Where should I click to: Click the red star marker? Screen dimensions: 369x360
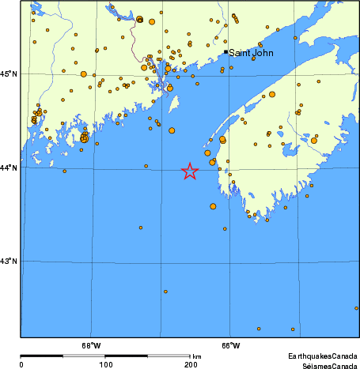pos(190,171)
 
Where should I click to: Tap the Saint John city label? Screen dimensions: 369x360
pos(251,53)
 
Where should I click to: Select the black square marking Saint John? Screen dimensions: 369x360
pos(225,52)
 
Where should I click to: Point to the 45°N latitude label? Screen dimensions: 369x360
pos(9,73)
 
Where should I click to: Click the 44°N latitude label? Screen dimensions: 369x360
pos(9,168)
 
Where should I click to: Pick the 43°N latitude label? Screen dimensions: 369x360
pos(9,261)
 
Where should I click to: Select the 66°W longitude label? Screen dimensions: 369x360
pos(230,345)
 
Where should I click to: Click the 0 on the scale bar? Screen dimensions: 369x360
pos(21,364)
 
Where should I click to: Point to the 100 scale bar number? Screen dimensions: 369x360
pos(105,364)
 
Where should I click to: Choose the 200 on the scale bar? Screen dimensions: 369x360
pos(190,364)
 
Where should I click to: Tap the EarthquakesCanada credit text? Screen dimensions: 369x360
pos(320,356)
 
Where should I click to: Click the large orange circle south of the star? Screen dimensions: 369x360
pos(213,206)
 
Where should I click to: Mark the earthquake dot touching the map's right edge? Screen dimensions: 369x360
pos(357,308)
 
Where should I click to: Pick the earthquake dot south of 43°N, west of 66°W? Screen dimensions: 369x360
pos(165,292)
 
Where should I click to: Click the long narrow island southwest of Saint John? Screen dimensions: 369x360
pos(172,104)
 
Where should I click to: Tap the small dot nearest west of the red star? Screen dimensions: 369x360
pos(146,165)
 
